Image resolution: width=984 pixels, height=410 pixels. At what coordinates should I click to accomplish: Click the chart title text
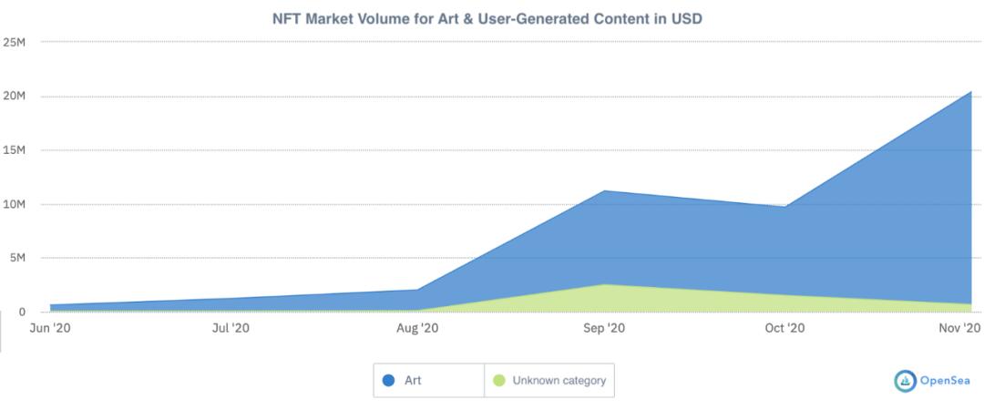[487, 19]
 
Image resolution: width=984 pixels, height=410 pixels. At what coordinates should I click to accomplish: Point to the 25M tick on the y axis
[14, 43]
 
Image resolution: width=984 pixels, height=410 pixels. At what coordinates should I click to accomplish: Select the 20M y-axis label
[14, 97]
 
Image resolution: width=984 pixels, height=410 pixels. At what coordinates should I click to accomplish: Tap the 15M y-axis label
[14, 150]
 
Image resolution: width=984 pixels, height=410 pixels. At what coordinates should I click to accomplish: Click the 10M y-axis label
[14, 205]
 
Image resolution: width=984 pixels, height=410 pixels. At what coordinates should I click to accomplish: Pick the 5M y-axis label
[16, 258]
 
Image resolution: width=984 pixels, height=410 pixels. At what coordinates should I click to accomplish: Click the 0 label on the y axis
[22, 312]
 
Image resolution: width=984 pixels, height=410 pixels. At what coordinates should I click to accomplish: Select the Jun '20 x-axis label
[50, 328]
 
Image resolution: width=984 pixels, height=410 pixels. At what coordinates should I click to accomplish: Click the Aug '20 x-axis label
[418, 328]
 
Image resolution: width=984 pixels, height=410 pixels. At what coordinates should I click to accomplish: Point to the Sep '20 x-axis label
[603, 328]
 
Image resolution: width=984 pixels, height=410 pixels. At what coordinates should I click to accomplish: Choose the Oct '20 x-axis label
[785, 328]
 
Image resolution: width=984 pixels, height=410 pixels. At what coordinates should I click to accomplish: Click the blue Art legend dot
[388, 380]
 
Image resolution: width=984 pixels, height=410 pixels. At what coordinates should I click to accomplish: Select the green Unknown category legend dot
[499, 380]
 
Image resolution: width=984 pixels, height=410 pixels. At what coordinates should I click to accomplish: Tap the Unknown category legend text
[559, 381]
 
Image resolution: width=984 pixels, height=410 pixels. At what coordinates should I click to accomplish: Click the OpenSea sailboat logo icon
[906, 381]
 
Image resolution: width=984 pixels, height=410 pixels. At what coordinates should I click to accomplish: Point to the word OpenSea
[945, 381]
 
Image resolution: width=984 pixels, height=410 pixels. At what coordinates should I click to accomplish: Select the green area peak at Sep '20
[604, 284]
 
